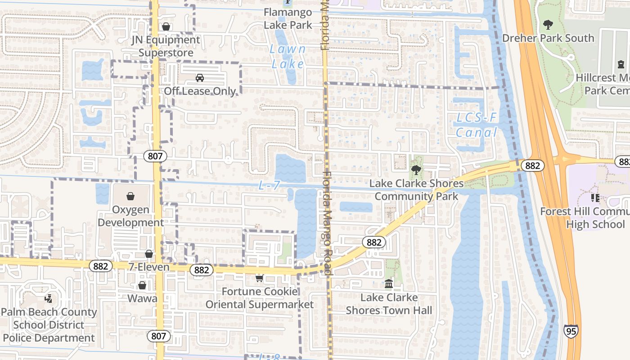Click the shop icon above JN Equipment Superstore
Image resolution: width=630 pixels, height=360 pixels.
(x=166, y=27)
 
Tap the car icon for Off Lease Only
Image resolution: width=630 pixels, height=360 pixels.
(x=200, y=78)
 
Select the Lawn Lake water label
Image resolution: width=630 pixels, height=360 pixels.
(x=288, y=56)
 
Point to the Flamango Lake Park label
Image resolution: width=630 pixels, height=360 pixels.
(x=288, y=18)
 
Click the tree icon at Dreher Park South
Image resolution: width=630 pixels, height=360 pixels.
(x=548, y=25)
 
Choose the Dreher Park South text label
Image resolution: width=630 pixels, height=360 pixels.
(x=548, y=38)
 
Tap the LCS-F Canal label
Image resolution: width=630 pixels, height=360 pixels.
(x=477, y=125)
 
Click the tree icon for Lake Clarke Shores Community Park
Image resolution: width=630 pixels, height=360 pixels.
(x=416, y=170)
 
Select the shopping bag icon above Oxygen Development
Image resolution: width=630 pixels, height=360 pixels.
(x=130, y=196)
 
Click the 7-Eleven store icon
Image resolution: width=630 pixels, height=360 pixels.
(x=149, y=254)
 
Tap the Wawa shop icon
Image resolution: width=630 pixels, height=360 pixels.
(x=142, y=285)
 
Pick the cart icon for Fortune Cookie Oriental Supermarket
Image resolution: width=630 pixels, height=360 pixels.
(x=259, y=279)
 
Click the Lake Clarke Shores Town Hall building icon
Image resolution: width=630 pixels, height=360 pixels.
(x=389, y=284)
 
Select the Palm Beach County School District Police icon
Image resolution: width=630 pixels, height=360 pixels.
(x=48, y=298)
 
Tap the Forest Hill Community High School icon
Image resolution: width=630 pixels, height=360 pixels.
(x=595, y=198)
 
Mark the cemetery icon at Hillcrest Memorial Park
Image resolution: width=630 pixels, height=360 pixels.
(x=621, y=64)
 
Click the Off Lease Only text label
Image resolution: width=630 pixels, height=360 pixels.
(x=200, y=91)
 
